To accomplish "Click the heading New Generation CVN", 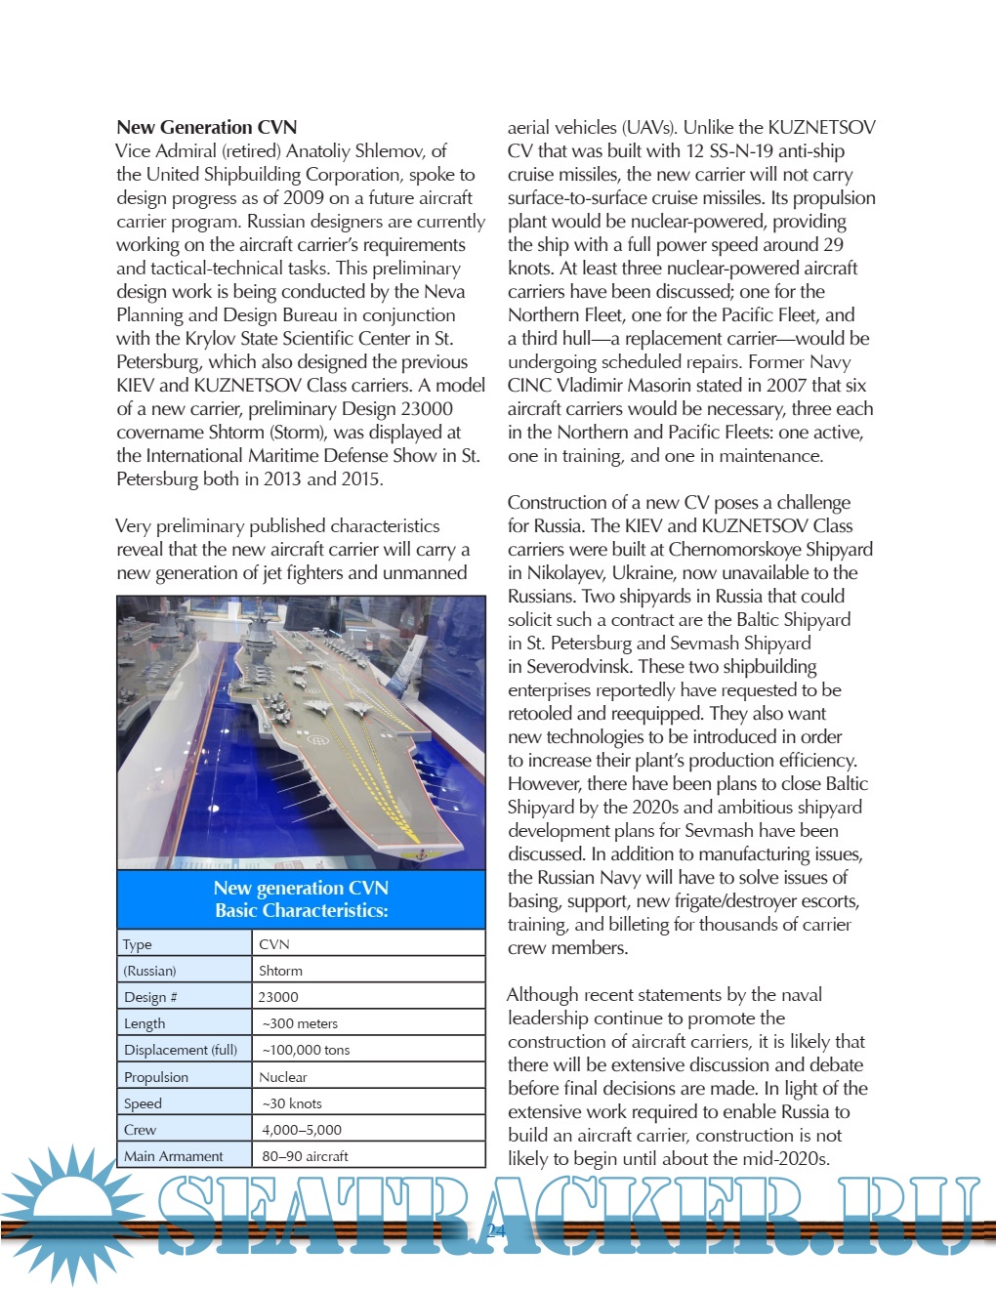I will [206, 127].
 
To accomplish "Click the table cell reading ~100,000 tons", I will [306, 1050].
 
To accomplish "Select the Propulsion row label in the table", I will [156, 1076].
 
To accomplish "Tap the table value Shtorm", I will [280, 971].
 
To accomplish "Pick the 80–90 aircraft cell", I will [305, 1156].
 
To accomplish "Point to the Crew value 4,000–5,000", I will [302, 1130].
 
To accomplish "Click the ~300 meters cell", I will [300, 1023].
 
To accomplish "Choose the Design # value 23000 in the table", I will [278, 997].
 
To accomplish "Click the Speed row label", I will [143, 1103].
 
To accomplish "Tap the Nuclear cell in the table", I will [283, 1076].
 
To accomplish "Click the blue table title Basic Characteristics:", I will [301, 910].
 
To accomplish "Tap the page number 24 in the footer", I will [496, 1230].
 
